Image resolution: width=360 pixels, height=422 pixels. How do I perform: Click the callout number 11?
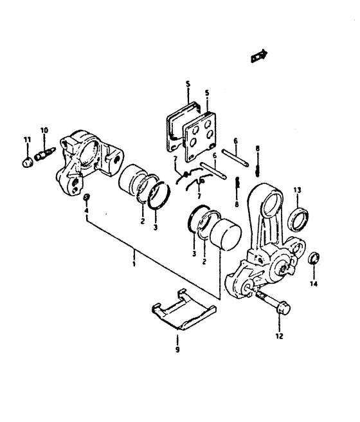coord(27,140)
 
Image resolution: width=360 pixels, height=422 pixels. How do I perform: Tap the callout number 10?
coord(44,131)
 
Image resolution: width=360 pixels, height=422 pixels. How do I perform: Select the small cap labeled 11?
coord(28,162)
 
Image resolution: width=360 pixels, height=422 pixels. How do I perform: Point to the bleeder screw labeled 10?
coord(45,153)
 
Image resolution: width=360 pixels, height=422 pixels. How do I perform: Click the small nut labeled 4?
coord(87,197)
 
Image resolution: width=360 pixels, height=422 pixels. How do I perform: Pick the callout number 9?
coord(177,349)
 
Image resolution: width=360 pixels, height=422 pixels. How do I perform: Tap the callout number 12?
coord(280,336)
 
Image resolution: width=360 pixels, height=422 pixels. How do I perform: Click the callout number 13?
coord(297,190)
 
